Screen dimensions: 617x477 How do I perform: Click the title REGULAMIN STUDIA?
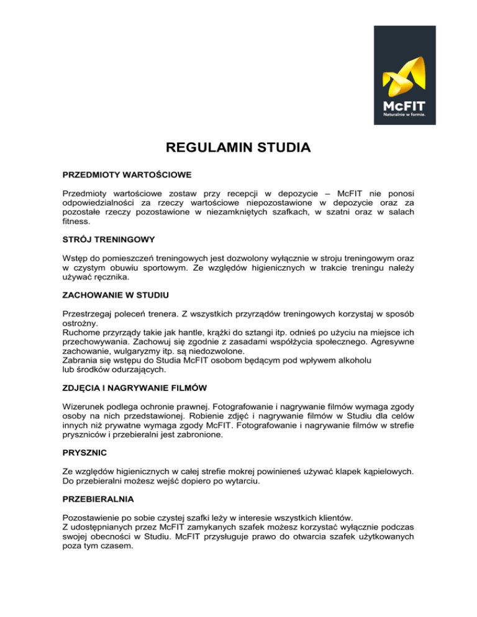(238, 149)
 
